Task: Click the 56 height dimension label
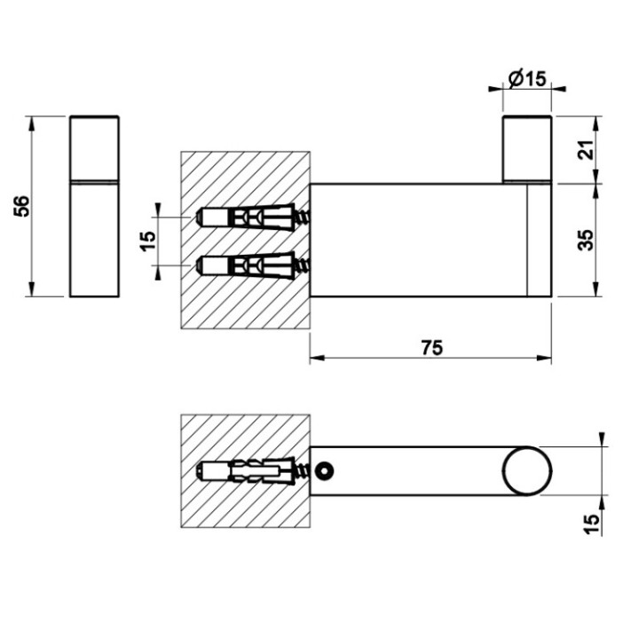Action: (22, 206)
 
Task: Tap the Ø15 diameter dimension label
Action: (527, 79)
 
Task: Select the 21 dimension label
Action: (587, 150)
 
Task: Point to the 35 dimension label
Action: (587, 241)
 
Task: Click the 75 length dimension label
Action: (432, 348)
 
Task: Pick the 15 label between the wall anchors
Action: (149, 241)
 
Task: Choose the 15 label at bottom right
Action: (592, 525)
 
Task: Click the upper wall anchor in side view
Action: (253, 218)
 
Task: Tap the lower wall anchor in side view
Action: (253, 265)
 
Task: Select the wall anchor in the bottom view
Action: (253, 471)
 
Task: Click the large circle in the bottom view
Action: (527, 471)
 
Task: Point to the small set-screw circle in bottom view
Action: (325, 471)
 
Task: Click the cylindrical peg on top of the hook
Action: (527, 149)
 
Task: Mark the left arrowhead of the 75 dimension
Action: (317, 358)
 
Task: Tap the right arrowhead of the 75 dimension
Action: (544, 358)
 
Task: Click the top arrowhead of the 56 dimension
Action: (31, 123)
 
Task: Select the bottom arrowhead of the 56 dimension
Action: (31, 289)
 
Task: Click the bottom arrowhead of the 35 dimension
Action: (596, 289)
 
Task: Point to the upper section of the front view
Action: (95, 147)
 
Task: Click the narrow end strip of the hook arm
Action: (540, 241)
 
